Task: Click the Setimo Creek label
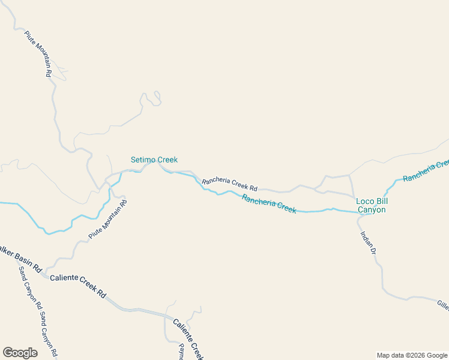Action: pos(154,160)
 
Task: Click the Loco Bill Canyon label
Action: pos(372,205)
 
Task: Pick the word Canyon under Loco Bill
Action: pos(372,210)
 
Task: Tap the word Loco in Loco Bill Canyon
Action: pos(365,201)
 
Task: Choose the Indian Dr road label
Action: pos(367,245)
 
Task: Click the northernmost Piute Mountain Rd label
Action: pos(38,53)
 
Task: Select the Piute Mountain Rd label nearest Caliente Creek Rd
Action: pos(108,220)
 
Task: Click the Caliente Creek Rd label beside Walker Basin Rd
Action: pos(78,286)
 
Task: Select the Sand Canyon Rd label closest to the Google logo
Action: pos(48,334)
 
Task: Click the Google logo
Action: pos(20,353)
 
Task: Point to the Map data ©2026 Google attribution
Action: pos(412,355)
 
